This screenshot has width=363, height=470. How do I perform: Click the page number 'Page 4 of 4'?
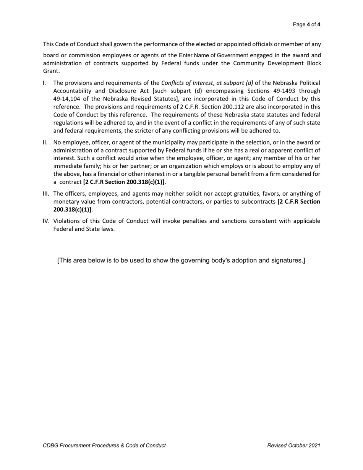click(x=306, y=24)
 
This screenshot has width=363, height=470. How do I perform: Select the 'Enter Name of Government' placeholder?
click(x=213, y=55)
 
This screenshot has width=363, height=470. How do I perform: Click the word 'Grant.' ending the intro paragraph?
click(x=51, y=71)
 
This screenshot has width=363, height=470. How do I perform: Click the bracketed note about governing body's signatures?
click(x=181, y=261)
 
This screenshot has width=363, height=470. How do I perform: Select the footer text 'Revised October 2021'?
click(x=293, y=446)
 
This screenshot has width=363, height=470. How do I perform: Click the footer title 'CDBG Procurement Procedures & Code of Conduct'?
click(x=104, y=446)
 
